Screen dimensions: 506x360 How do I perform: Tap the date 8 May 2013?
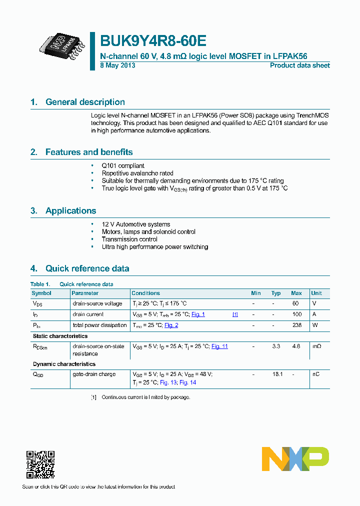tap(117, 65)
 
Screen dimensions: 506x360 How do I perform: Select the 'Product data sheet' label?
tap(299, 65)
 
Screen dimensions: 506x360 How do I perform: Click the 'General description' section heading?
tap(85, 102)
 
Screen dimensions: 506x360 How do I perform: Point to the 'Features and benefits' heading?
tap(89, 152)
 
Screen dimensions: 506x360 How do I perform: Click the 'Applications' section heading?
tap(70, 210)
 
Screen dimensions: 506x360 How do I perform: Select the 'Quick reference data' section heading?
tap(87, 268)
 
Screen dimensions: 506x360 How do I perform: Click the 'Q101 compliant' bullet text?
tap(123, 165)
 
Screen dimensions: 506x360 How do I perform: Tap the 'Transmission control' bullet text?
tap(129, 239)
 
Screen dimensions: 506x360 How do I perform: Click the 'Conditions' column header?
tap(145, 293)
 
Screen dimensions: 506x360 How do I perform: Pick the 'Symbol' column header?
tap(41, 293)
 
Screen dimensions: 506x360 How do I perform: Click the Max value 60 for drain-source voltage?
tap(295, 303)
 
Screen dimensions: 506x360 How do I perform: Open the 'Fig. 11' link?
tap(219, 346)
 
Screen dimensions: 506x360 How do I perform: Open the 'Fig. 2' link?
tap(171, 325)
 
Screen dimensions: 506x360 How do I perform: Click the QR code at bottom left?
tap(40, 464)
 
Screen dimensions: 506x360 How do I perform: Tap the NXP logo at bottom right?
tap(295, 459)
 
